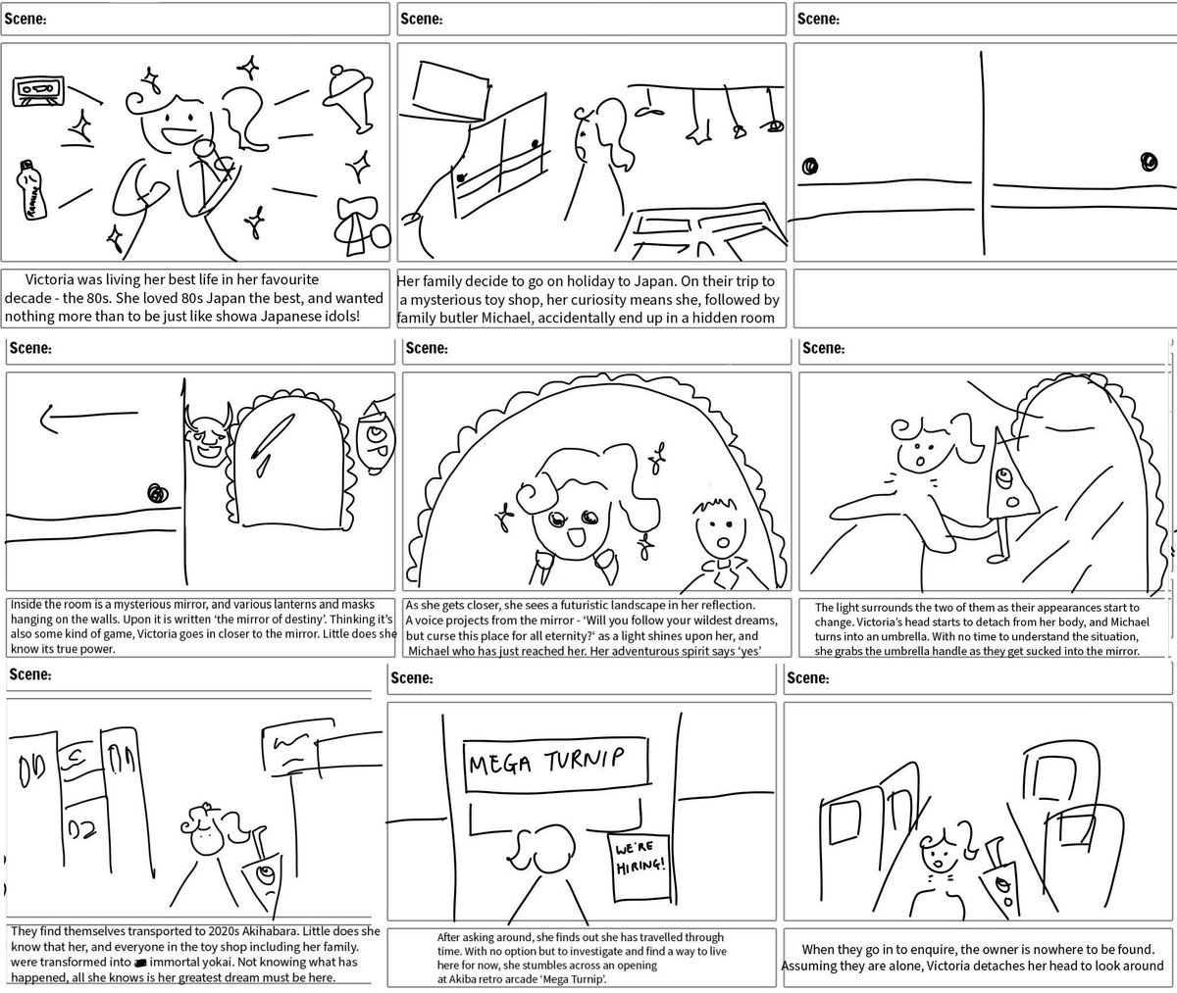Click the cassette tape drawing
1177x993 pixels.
click(38, 93)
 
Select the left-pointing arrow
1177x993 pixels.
click(73, 420)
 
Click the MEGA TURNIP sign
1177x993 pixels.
click(555, 762)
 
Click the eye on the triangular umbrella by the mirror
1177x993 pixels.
click(1006, 478)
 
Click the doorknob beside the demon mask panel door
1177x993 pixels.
click(155, 493)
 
